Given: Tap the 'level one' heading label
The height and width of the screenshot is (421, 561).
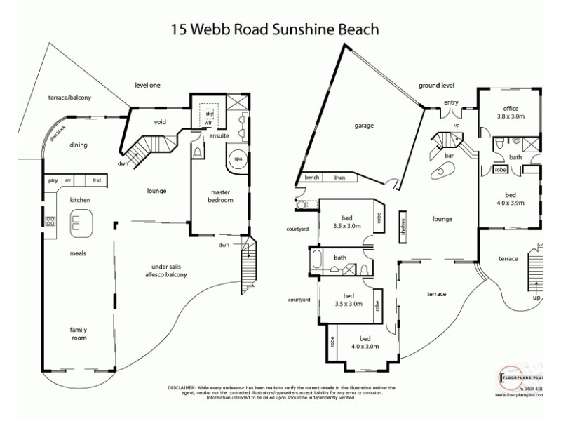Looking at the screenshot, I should click(x=147, y=85).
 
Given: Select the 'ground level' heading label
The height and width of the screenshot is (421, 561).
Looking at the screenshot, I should click(x=436, y=85).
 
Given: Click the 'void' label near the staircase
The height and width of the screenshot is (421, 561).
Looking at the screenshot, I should click(x=160, y=121).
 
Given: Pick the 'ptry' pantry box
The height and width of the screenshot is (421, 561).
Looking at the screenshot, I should click(x=52, y=180).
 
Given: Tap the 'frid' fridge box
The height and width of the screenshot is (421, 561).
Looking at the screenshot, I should click(x=96, y=180).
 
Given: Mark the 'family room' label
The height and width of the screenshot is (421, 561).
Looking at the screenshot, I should click(x=77, y=333).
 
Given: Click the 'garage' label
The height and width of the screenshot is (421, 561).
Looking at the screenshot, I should click(x=363, y=126).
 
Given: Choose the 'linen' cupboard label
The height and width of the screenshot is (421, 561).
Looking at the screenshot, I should click(x=339, y=178).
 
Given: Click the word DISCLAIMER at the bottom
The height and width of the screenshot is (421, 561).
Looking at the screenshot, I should click(x=185, y=387).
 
